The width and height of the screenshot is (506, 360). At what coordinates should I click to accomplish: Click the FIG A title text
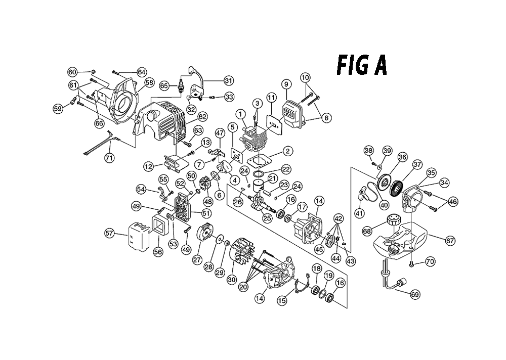(x=362, y=66)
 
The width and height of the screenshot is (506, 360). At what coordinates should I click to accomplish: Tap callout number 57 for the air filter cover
(x=110, y=233)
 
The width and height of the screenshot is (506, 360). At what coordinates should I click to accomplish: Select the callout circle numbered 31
(x=229, y=80)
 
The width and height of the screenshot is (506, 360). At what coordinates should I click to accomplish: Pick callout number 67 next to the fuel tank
(x=450, y=240)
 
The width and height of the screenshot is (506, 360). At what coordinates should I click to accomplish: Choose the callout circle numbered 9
(x=286, y=84)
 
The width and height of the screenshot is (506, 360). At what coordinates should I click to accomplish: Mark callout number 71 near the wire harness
(x=109, y=158)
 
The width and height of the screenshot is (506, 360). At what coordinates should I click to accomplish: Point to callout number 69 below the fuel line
(x=415, y=294)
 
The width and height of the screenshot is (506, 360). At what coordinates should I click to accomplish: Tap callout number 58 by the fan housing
(x=149, y=82)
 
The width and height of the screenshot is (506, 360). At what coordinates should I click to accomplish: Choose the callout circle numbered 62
(x=203, y=116)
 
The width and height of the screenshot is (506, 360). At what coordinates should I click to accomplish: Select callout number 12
(x=148, y=167)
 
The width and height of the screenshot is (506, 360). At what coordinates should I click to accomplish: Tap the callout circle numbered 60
(x=72, y=72)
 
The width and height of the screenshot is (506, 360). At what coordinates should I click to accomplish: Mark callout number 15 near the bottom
(x=282, y=301)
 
